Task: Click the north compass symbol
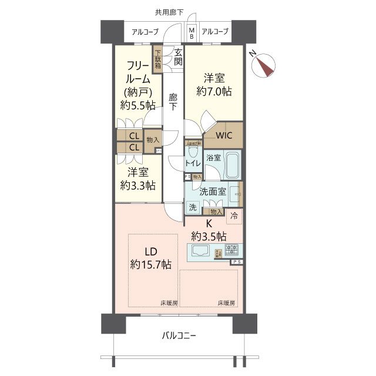click(x=266, y=64)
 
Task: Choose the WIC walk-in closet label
click(x=224, y=136)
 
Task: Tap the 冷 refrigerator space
click(x=234, y=216)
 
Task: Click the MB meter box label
click(x=192, y=33)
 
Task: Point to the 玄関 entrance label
click(x=178, y=57)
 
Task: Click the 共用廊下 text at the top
click(x=169, y=12)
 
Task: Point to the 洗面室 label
click(x=213, y=192)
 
